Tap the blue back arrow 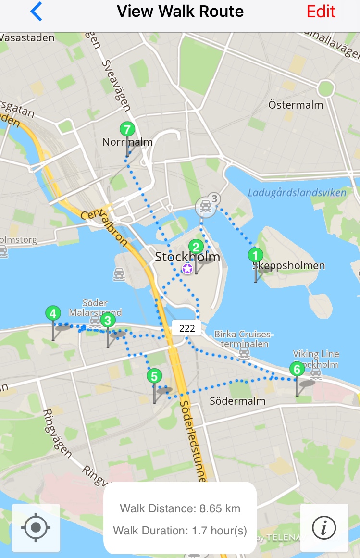pyautogui.click(x=36, y=12)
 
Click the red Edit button pyautogui.click(x=321, y=12)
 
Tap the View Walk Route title pyautogui.click(x=180, y=12)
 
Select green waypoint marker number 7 pyautogui.click(x=127, y=130)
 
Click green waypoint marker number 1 pyautogui.click(x=255, y=255)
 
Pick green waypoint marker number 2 pyautogui.click(x=196, y=247)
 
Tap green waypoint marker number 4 pyautogui.click(x=53, y=314)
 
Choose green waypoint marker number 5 pyautogui.click(x=154, y=376)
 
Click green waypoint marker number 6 pyautogui.click(x=297, y=370)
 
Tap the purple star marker pyautogui.click(x=187, y=269)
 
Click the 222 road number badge pyautogui.click(x=186, y=328)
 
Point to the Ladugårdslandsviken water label pyautogui.click(x=297, y=193)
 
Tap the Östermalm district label pyautogui.click(x=296, y=105)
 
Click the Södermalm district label pyautogui.click(x=237, y=401)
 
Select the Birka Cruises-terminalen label pyautogui.click(x=244, y=339)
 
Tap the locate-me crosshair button pyautogui.click(x=36, y=528)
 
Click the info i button pyautogui.click(x=324, y=528)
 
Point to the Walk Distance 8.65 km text pyautogui.click(x=180, y=508)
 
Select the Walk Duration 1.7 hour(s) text pyautogui.click(x=180, y=531)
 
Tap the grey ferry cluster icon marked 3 pyautogui.click(x=206, y=207)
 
